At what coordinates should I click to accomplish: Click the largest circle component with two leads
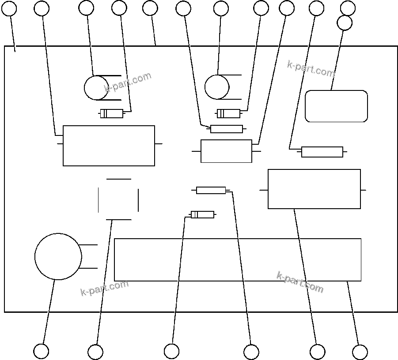point(58,256)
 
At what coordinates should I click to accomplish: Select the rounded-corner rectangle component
point(336,106)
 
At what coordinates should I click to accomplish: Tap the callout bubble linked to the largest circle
point(41,352)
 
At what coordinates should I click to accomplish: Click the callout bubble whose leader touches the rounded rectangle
point(345,22)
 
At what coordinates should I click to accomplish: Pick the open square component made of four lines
point(118,199)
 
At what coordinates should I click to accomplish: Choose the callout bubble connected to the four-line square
point(95,352)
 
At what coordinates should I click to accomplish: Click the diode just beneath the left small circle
point(112,114)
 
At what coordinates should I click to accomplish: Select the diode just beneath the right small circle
point(228,114)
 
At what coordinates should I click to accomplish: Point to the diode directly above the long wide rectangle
point(202,215)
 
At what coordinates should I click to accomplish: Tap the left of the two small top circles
point(96,88)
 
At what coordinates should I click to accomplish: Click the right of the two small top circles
point(216,87)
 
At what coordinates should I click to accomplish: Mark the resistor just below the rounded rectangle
point(322,152)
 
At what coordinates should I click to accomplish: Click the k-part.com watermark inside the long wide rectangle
point(300,282)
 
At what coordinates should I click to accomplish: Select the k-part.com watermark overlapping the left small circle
point(128,82)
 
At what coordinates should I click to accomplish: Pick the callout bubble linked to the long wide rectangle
point(360,352)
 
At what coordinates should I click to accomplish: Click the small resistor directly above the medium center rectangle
point(227,129)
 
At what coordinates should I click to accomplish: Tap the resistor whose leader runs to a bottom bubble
point(211,190)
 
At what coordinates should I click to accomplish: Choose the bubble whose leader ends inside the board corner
point(9,8)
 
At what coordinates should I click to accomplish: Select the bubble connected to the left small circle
point(86,8)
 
